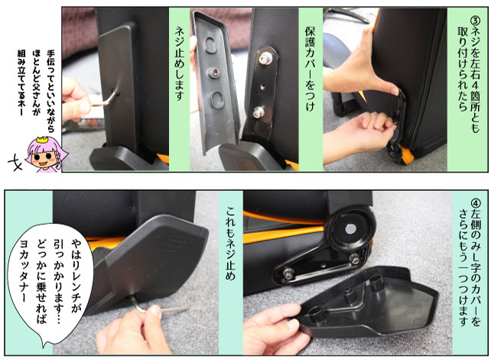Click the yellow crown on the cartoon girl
43,139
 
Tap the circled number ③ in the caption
475,21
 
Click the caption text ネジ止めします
180,63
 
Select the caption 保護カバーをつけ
310,69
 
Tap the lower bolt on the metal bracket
259,112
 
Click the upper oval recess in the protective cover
210,45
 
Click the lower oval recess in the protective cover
217,100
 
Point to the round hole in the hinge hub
351,229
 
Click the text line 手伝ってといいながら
50,91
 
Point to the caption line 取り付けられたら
463,68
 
